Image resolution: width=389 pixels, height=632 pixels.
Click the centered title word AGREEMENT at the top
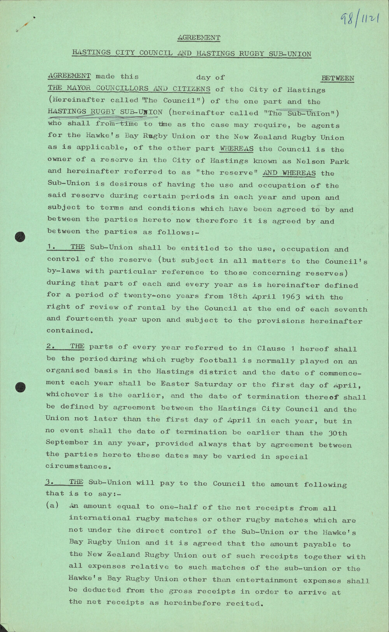[199, 38]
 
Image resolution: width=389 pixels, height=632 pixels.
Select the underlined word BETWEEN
[338, 78]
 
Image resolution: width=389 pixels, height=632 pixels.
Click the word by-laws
[62, 271]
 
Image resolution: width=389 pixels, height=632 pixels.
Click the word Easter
[175, 384]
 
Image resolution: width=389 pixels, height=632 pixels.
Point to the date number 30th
[337, 433]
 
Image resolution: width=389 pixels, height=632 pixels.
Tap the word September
[67, 443]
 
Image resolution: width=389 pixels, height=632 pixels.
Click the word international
[100, 518]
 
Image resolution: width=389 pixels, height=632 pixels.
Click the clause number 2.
[49, 347]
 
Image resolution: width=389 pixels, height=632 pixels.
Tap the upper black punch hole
[20, 236]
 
